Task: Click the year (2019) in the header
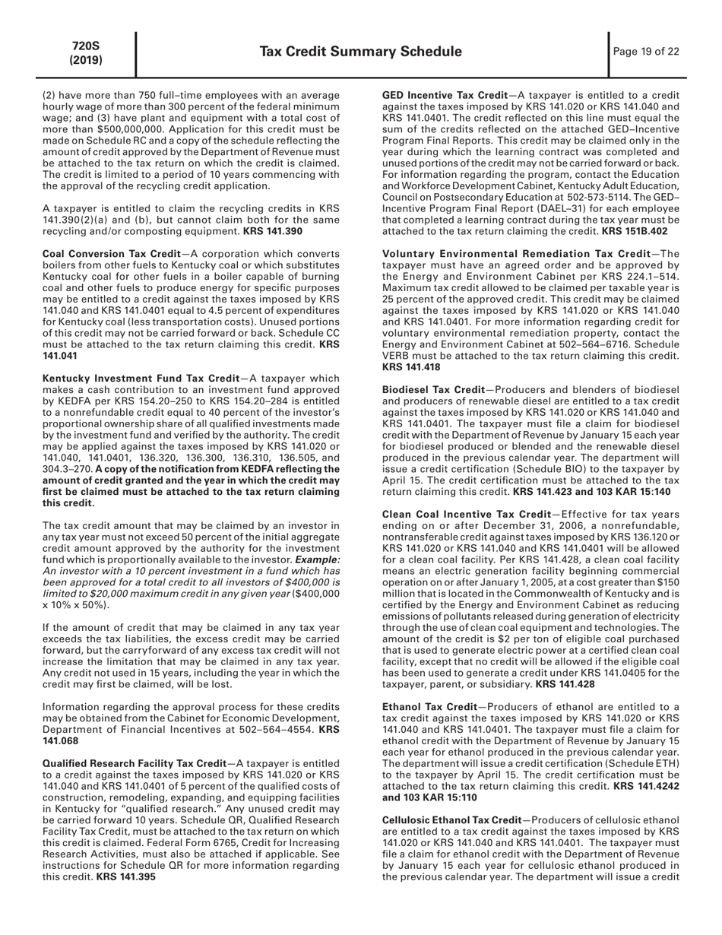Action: (86, 59)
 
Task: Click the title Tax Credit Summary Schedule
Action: (360, 52)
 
